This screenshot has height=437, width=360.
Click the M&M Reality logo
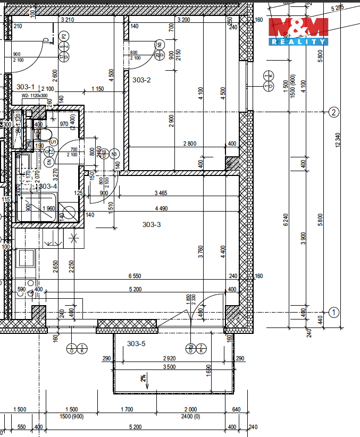(x=298, y=31)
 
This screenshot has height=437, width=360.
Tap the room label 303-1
(x=26, y=86)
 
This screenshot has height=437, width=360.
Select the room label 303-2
(x=141, y=80)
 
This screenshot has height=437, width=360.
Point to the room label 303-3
(x=152, y=224)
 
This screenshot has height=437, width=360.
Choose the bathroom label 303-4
(x=48, y=186)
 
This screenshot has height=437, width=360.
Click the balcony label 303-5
(x=136, y=343)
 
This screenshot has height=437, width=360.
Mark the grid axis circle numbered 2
(x=334, y=112)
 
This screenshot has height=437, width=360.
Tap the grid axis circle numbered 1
(x=334, y=312)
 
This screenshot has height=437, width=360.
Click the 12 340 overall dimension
(x=338, y=140)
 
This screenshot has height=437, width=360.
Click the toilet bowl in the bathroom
(x=45, y=134)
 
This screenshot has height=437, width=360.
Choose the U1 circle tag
(x=54, y=141)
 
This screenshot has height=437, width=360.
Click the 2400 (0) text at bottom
(x=189, y=416)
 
